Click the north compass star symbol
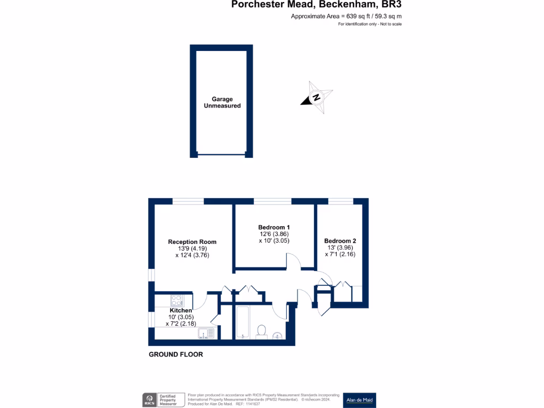coord(317,97)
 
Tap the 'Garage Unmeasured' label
coord(226,103)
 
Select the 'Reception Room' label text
coord(192,242)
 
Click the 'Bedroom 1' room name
coord(274,227)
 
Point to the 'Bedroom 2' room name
coord(340,241)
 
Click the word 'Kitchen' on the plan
coord(181,310)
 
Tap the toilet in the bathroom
coord(261,331)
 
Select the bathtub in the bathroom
coord(243,322)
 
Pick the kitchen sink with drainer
coord(206,333)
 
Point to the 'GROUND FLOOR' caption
coord(175,354)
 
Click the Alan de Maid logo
coord(362,399)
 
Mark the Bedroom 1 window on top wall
coord(273,201)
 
